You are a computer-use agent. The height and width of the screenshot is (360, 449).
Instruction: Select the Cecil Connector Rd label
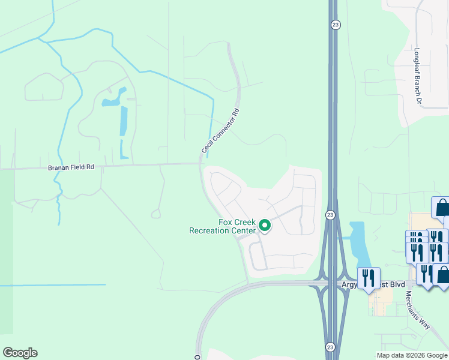point(220,130)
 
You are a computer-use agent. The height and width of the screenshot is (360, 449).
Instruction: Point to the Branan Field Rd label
point(71,168)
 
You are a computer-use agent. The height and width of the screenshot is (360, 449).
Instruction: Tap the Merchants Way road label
point(417,310)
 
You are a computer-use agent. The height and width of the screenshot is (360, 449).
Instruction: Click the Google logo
point(20,353)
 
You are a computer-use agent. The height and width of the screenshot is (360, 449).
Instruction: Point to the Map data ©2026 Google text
point(412,355)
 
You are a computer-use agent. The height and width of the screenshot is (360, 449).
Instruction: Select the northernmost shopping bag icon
point(441,208)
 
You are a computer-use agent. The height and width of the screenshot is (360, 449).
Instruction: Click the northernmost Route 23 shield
point(335,24)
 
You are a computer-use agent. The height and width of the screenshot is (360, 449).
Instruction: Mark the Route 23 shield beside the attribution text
point(330,347)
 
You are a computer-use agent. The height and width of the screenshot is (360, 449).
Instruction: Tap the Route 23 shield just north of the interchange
point(330,215)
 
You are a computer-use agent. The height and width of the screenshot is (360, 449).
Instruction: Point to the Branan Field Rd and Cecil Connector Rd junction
point(201,163)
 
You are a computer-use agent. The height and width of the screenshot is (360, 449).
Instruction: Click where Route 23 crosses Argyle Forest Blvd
point(331,283)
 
